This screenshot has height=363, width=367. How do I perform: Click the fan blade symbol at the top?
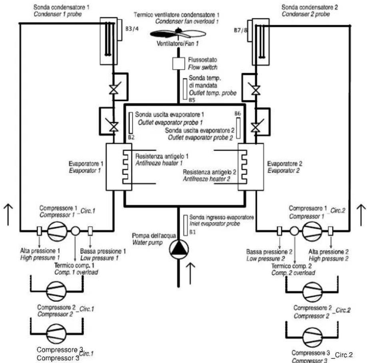[178, 34]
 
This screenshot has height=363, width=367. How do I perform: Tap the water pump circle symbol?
[179, 250]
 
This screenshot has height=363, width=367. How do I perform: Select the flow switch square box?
[179, 63]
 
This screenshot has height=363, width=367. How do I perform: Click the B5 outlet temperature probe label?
[192, 100]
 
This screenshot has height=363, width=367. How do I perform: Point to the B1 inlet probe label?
[192, 232]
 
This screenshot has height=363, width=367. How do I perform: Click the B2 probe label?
[131, 137]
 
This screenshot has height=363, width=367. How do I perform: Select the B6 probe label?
[237, 113]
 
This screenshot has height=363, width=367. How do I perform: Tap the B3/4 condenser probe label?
[132, 29]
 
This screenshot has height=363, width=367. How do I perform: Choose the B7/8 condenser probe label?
[240, 30]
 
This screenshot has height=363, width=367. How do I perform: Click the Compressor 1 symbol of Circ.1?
[57, 231]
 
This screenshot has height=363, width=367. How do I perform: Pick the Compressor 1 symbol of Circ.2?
[312, 231]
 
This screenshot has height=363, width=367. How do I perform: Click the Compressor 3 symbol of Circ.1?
[56, 334]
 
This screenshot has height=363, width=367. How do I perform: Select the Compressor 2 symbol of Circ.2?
[313, 292]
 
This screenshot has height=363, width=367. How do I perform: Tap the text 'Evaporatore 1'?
[86, 163]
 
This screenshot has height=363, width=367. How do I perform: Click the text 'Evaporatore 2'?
[285, 163]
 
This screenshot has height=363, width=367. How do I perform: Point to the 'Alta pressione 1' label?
[40, 251]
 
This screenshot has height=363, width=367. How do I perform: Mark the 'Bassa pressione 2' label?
[269, 252]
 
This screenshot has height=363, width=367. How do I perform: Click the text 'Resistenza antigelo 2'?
[209, 172]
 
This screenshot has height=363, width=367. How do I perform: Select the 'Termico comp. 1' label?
[74, 265]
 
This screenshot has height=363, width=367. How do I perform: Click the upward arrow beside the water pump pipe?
[191, 274]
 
